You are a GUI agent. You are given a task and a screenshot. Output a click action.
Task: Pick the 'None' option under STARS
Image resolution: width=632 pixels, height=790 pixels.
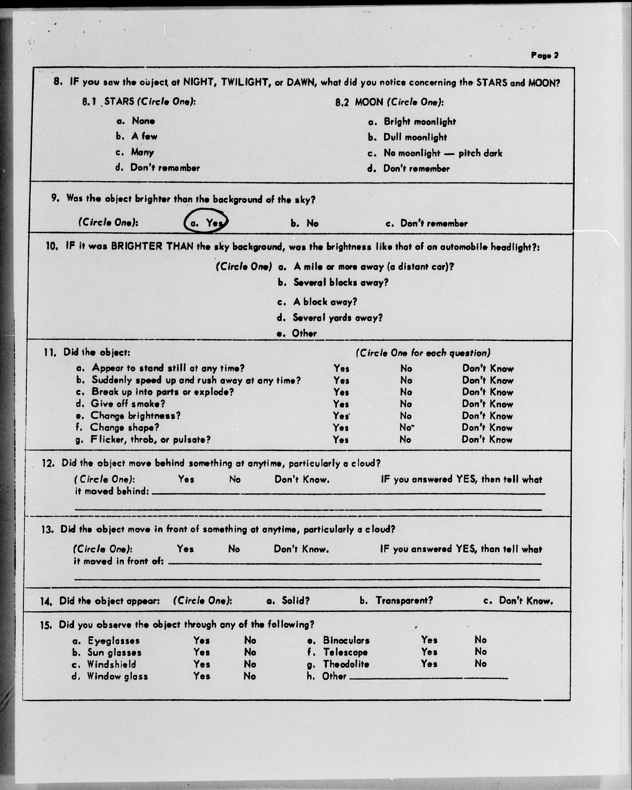tap(143, 121)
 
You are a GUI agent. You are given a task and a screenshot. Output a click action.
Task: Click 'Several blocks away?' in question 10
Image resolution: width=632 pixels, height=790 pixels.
tap(341, 282)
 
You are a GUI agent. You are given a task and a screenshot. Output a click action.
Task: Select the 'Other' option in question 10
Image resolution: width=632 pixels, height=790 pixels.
tap(304, 333)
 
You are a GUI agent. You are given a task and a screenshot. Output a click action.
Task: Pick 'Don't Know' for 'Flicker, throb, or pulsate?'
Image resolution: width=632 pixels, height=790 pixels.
tap(487, 440)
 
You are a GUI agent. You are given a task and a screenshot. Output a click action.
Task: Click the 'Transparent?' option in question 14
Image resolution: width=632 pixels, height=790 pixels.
tap(404, 601)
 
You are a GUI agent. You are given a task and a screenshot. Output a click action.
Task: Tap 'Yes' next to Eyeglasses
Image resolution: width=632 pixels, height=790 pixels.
tap(202, 640)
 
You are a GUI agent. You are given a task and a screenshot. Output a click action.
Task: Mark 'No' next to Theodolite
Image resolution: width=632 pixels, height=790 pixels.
tap(480, 664)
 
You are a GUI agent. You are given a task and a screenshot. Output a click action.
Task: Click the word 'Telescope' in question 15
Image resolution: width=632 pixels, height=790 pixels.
tap(345, 652)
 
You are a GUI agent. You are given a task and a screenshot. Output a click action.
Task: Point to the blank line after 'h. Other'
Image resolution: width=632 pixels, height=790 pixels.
tap(429, 677)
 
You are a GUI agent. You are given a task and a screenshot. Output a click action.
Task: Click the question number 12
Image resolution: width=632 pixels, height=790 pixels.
tap(48, 463)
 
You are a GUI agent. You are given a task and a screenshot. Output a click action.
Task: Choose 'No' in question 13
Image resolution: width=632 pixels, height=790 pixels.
tap(234, 549)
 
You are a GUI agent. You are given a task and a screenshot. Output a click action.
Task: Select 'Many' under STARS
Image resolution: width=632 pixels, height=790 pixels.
tap(143, 152)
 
